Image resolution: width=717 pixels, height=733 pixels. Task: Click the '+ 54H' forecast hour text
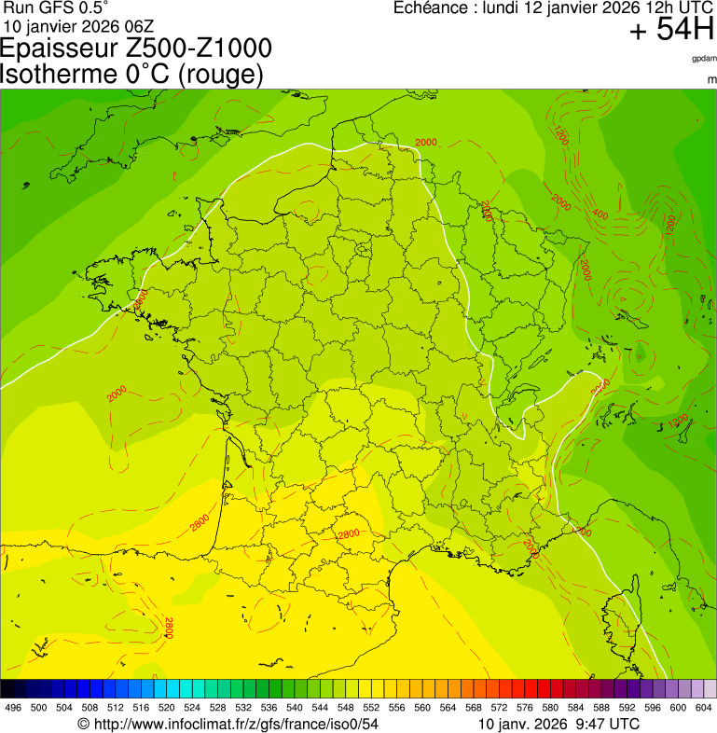tap(671, 31)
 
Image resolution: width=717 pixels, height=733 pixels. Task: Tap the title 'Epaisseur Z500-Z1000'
tap(137, 48)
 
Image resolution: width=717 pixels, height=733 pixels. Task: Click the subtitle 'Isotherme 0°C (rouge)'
tap(132, 74)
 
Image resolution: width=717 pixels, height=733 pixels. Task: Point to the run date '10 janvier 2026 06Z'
tap(78, 25)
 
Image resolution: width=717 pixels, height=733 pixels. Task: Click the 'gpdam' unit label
tap(704, 59)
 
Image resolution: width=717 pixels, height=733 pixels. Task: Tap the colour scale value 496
tap(13, 708)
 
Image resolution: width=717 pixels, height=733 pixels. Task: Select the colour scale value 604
tap(704, 708)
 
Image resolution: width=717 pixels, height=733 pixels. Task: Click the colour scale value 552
tap(371, 708)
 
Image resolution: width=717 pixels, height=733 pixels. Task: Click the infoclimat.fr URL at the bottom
tap(228, 724)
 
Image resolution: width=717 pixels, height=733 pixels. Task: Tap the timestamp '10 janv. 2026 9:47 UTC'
tap(558, 724)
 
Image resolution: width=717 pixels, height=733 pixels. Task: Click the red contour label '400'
tap(600, 215)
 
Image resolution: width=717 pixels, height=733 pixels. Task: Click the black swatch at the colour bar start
tap(7, 689)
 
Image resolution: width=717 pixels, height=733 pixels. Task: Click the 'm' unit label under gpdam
tap(711, 80)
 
